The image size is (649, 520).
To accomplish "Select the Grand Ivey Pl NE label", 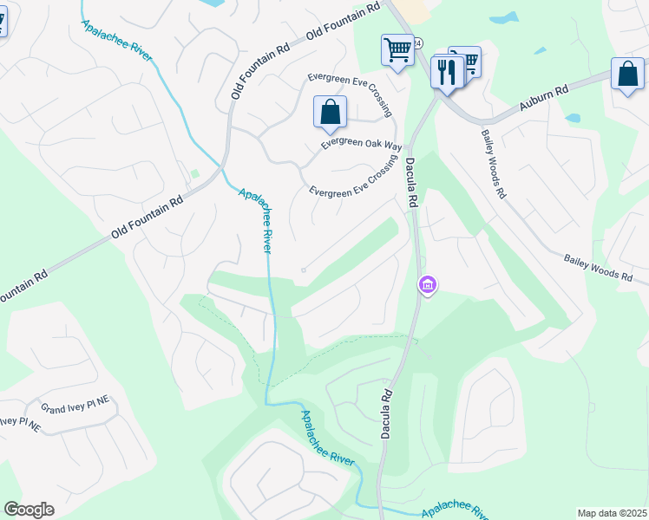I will pos(77,404).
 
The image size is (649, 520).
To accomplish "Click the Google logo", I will pos(29,510).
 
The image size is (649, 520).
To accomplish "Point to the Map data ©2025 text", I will pos(613,513).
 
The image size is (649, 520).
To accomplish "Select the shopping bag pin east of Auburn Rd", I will pos(627,75).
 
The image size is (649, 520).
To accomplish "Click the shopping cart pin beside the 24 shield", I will pos(397,50).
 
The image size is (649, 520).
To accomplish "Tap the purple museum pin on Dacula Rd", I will pos(427,284).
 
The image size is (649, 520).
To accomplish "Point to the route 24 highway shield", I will pos(418,42).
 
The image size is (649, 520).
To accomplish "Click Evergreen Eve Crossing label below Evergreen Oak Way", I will pos(352,182).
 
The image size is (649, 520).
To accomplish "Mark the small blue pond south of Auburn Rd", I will pos(572,118).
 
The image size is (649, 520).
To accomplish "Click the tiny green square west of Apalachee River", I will pos(195,173).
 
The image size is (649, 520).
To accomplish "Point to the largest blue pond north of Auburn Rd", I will pos(505,17).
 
